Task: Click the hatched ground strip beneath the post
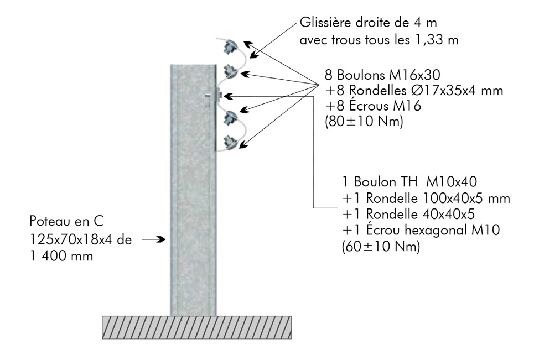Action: pos(196,327)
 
